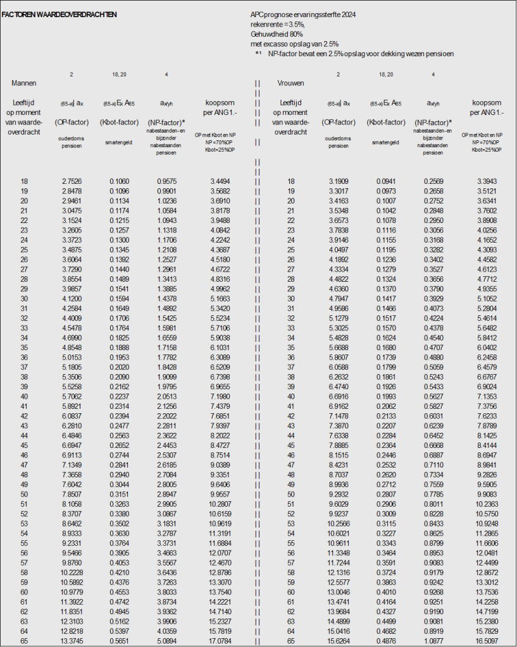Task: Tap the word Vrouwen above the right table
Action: (291, 83)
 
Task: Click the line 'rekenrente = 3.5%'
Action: (277, 23)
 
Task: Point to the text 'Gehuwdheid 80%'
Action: (277, 33)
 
